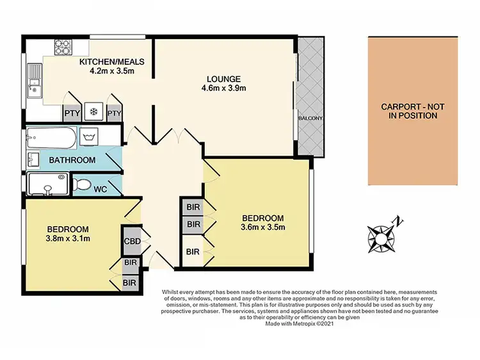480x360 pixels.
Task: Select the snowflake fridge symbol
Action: tap(93, 111)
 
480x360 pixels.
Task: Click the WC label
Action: tap(100, 190)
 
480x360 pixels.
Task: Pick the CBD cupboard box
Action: tap(132, 241)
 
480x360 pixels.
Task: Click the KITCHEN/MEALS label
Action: tap(111, 62)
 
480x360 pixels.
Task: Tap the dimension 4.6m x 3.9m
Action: tap(224, 88)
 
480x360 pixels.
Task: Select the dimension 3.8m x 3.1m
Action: tap(68, 240)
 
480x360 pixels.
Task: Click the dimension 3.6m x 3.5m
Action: tap(262, 227)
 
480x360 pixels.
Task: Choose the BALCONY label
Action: tap(310, 119)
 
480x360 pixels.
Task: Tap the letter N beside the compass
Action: tap(399, 222)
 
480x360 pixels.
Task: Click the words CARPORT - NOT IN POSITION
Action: tap(409, 111)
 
